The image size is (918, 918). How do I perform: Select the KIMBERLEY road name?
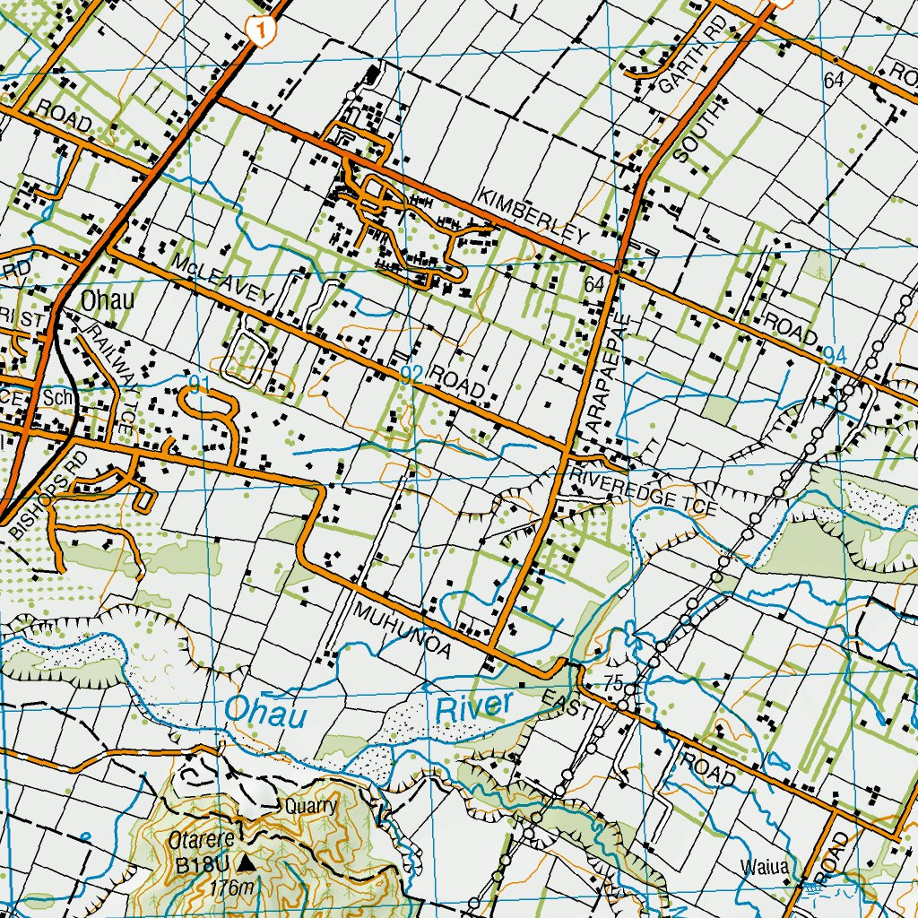tap(533, 216)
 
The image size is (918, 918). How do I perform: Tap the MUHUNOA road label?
tap(402, 631)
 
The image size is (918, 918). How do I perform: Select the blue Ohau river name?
tap(266, 712)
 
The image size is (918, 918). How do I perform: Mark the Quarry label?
tap(309, 805)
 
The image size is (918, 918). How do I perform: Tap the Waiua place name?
tap(765, 867)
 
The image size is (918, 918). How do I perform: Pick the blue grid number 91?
tap(199, 386)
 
